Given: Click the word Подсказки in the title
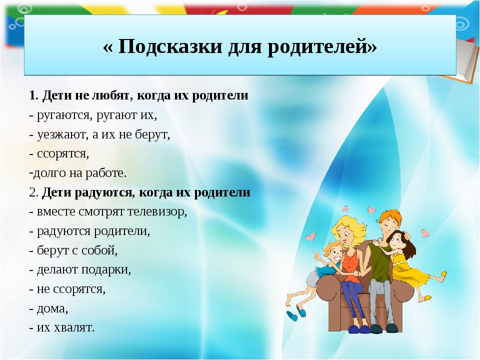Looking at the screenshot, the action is click(x=170, y=46).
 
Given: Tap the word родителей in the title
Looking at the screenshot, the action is click(x=319, y=47).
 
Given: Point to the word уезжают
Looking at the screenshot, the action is click(x=63, y=134).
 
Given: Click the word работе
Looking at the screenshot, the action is click(x=106, y=173).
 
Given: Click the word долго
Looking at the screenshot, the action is click(x=49, y=173).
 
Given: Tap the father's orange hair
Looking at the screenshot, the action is click(x=390, y=216).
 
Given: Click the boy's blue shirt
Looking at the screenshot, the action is click(x=328, y=269).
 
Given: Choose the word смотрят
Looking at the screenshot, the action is click(x=101, y=212).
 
